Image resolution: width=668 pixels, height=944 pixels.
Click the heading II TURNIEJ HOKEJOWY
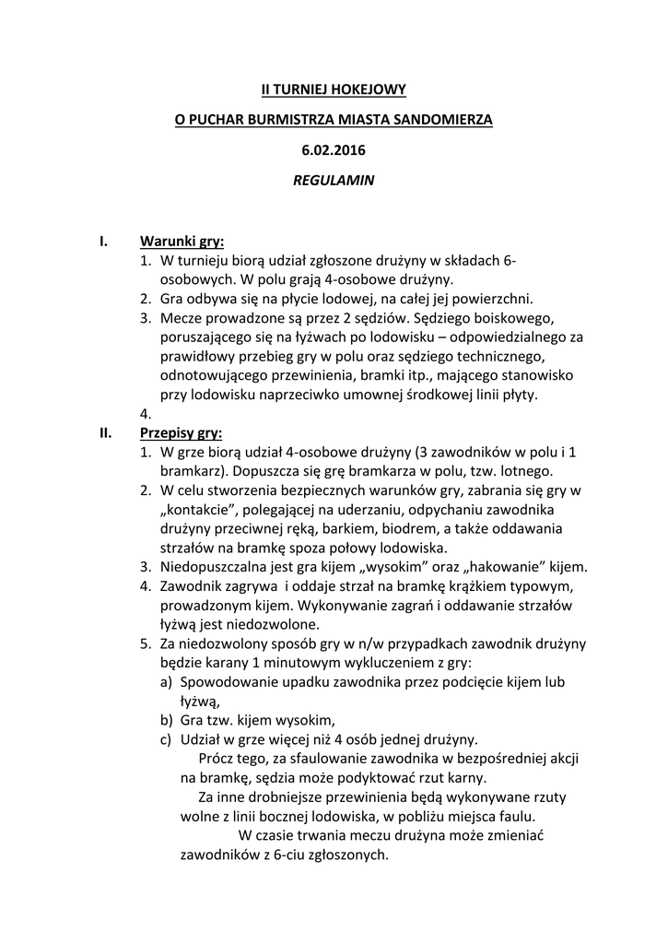[334, 89]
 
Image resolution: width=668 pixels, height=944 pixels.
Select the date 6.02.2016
[334, 149]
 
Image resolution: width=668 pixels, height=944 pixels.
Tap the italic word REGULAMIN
[334, 181]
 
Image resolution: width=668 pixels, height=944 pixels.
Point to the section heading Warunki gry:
[182, 242]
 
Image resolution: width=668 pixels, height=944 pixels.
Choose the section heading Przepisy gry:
[181, 432]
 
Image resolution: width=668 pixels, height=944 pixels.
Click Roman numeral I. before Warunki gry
[104, 242]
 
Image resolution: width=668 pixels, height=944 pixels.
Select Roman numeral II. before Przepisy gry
[106, 432]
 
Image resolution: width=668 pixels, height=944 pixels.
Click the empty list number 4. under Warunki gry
[146, 414]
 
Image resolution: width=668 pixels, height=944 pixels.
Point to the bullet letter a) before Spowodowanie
[167, 682]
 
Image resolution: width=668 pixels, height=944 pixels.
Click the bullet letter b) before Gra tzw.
[167, 720]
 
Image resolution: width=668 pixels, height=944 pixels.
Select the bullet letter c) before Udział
[167, 739]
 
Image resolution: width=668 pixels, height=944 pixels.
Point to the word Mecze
[182, 318]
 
